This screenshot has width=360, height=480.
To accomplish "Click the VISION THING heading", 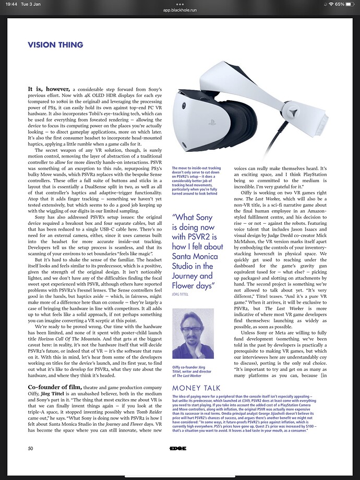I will pos(55,45).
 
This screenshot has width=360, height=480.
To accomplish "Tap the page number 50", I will pos(31,448).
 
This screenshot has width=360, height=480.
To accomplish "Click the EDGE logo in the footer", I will pos(178,448).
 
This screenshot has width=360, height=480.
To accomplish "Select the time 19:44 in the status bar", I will pos(10,4).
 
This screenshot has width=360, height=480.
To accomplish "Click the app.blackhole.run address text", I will pos(180,10).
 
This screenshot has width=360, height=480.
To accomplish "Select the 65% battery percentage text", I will pos(340,4).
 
